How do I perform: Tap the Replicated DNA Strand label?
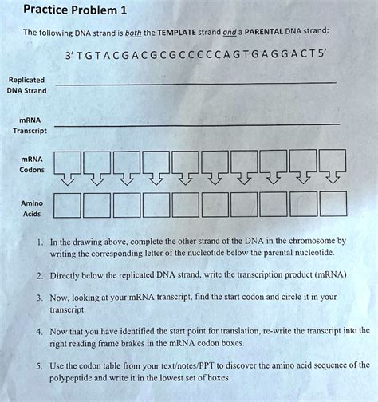27,85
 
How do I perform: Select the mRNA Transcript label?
27,125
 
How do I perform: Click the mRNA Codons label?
27,164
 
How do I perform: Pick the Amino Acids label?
27,209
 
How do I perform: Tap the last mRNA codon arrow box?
328,167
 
